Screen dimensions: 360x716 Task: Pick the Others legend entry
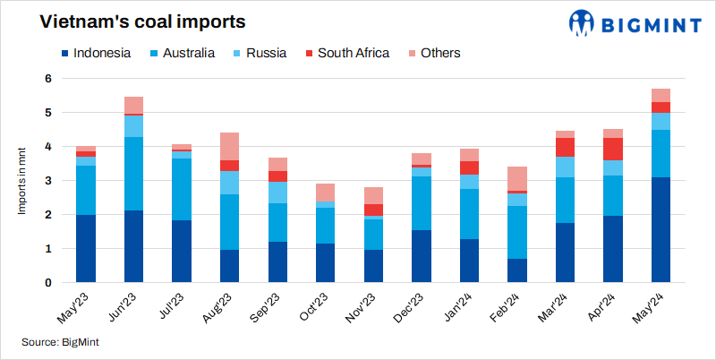[x=432, y=53]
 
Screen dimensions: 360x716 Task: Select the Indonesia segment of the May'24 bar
[x=661, y=229]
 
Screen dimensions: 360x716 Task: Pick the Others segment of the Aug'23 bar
[x=229, y=146]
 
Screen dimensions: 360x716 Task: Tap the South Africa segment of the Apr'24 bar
[x=613, y=149]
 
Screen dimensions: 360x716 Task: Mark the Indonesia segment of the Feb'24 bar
[x=517, y=270]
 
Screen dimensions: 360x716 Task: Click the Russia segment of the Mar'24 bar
[x=565, y=167]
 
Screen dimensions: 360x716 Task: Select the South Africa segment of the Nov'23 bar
[x=373, y=210]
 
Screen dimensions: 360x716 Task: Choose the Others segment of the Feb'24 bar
[x=517, y=178]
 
